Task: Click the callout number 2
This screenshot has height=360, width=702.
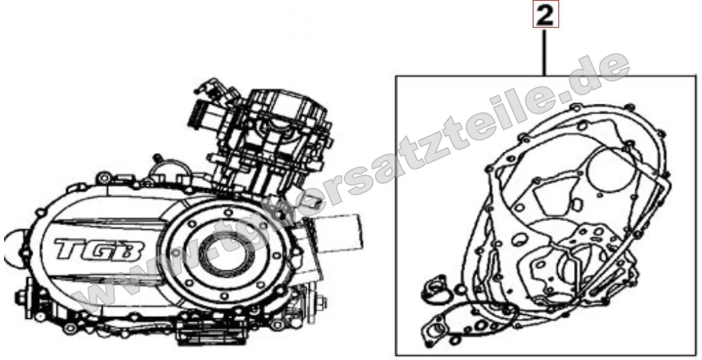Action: point(546,16)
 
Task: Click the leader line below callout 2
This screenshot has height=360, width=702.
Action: point(546,51)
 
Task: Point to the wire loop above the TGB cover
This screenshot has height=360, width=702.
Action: point(169,169)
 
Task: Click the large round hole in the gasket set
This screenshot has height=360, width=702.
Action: point(607,172)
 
